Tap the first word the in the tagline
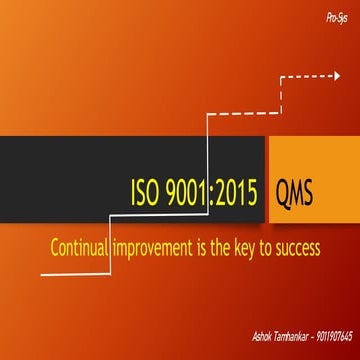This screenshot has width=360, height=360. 223,247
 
